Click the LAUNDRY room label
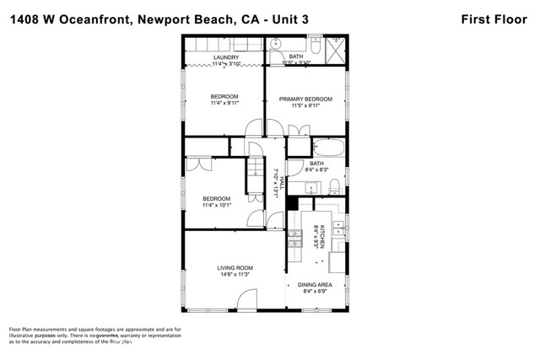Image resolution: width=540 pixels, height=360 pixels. pyautogui.click(x=226, y=57)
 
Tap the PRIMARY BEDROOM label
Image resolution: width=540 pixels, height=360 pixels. pyautogui.click(x=306, y=99)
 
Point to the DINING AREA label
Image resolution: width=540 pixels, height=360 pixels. pyautogui.click(x=315, y=285)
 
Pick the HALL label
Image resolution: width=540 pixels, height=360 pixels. pyautogui.click(x=282, y=180)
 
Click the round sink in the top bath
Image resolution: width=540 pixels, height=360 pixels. pyautogui.click(x=277, y=43)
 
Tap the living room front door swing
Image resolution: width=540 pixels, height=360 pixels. pyautogui.click(x=246, y=298)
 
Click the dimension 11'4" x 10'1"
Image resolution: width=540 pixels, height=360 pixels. pyautogui.click(x=215, y=205)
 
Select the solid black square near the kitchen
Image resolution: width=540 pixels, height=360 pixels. pyautogui.click(x=292, y=203)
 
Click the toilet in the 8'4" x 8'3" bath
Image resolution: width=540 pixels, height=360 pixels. pyautogui.click(x=335, y=185)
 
